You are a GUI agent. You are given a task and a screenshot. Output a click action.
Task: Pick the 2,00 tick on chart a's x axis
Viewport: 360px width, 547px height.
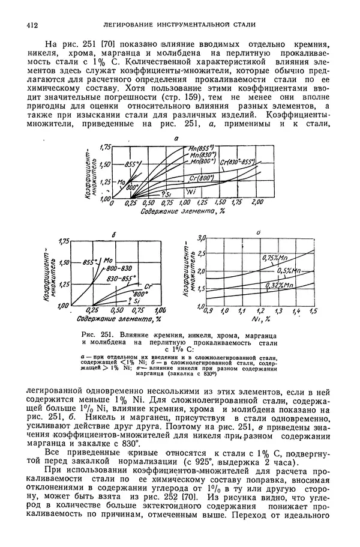point(257,204)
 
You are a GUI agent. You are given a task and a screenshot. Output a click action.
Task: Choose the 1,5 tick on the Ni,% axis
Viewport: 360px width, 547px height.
point(313,312)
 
